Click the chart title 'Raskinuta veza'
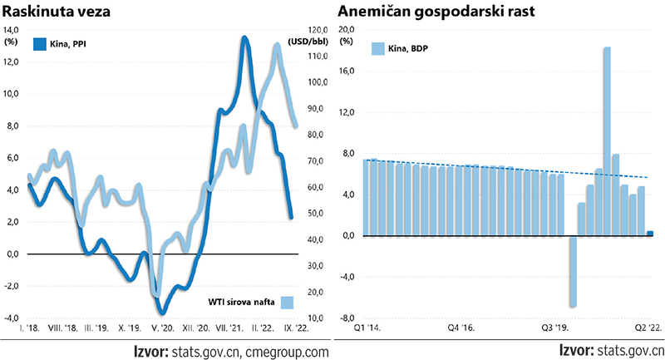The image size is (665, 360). pos(55,12)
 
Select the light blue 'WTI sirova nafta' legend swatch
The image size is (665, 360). pos(288,303)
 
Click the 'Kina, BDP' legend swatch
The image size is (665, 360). pos(377,48)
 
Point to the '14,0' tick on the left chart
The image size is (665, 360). pos(14,29)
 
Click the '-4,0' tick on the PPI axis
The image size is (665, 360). pos(14,318)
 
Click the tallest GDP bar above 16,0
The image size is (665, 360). pos(607,141)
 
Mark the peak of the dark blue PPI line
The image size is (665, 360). pos(244,38)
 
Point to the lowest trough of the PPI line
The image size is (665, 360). pos(163,312)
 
